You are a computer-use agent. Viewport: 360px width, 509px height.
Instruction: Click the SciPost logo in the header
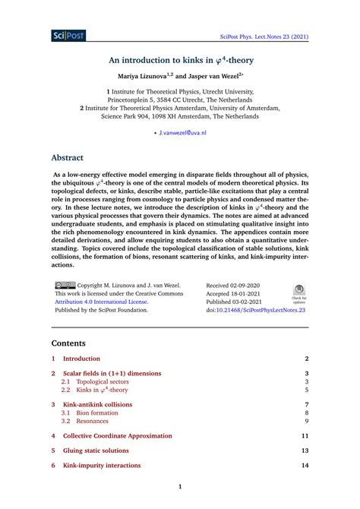click(69, 35)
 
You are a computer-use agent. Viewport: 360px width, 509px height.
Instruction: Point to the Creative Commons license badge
click(65, 286)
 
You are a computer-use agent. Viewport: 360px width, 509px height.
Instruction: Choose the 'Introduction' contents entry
click(81, 358)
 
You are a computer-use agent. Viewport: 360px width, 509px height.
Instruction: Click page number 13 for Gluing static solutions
click(304, 451)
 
